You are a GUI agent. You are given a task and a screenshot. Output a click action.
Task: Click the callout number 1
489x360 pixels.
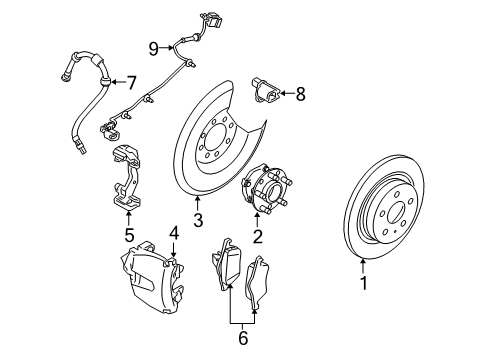(364, 283)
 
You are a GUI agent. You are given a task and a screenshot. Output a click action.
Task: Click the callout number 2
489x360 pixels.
(258, 237)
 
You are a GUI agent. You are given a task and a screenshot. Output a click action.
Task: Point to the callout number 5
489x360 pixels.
(128, 237)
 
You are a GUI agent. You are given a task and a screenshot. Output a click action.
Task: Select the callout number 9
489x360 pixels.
(154, 47)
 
